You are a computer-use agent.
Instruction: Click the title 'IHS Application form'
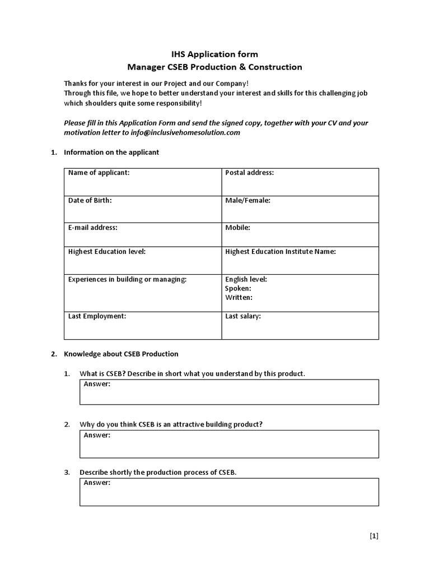tap(214, 54)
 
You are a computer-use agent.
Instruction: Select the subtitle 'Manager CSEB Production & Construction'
tap(214, 67)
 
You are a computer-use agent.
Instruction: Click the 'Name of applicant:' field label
tap(99, 173)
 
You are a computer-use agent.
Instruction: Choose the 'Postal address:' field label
tap(249, 173)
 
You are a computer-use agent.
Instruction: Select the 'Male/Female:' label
tap(247, 200)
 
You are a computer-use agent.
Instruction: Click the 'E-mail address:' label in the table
tap(93, 228)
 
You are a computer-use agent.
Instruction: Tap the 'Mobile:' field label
tap(237, 228)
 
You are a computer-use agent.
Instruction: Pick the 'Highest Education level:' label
tap(107, 252)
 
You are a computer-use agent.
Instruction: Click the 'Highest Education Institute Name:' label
tap(281, 252)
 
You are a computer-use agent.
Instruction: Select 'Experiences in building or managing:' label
tap(128, 279)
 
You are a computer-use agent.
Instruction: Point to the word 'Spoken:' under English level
tap(238, 288)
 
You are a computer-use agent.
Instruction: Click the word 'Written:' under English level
tap(239, 297)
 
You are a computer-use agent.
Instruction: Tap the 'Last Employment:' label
tap(97, 316)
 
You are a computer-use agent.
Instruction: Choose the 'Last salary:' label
tap(243, 316)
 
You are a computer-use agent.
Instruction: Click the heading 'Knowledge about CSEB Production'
tap(121, 354)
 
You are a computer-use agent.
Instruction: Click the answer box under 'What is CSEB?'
tap(229, 392)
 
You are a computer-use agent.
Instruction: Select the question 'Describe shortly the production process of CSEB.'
tap(158, 473)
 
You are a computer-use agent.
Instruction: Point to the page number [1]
tap(374, 535)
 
